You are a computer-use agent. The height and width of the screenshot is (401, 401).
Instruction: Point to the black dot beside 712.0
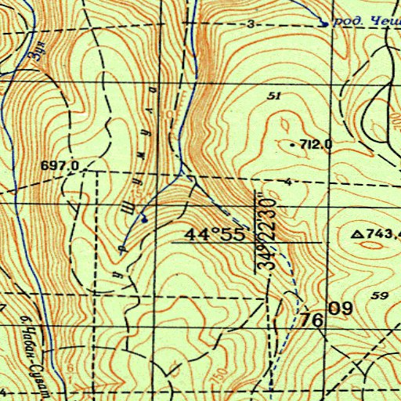coord(292,145)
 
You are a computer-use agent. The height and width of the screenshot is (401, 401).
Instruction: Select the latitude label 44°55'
coord(211,233)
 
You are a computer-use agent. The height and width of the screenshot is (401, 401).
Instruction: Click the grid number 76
coord(311,320)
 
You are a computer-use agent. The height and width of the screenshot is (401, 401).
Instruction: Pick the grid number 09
coord(340,308)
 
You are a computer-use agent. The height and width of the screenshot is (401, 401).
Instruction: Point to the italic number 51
coord(273,96)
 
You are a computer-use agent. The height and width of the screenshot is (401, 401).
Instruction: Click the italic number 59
coord(381,294)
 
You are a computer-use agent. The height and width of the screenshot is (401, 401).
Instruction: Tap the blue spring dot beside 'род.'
coord(323,23)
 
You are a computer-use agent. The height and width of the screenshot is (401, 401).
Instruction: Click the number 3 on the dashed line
coord(251,25)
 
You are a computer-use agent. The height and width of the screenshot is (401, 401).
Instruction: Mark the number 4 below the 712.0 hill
coord(289,182)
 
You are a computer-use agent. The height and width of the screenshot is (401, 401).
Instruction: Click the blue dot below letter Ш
coord(144,220)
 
